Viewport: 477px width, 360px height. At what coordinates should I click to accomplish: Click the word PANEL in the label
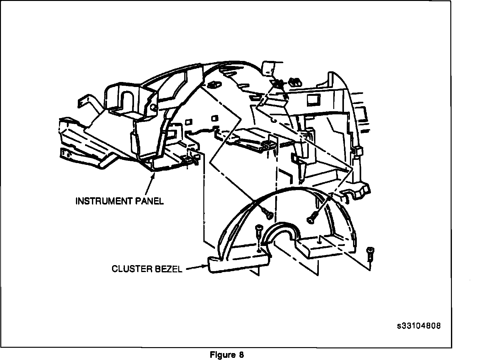(x=149, y=201)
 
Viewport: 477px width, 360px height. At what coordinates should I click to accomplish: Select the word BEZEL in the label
(x=169, y=269)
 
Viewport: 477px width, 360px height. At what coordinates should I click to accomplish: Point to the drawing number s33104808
(x=419, y=326)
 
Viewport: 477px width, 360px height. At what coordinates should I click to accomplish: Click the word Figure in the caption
(x=222, y=355)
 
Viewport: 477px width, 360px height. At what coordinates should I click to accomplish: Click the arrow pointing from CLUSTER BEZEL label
(x=196, y=268)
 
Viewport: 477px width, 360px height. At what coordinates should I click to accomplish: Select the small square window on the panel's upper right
(x=313, y=100)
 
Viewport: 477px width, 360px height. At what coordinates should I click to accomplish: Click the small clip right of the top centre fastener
(x=294, y=82)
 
